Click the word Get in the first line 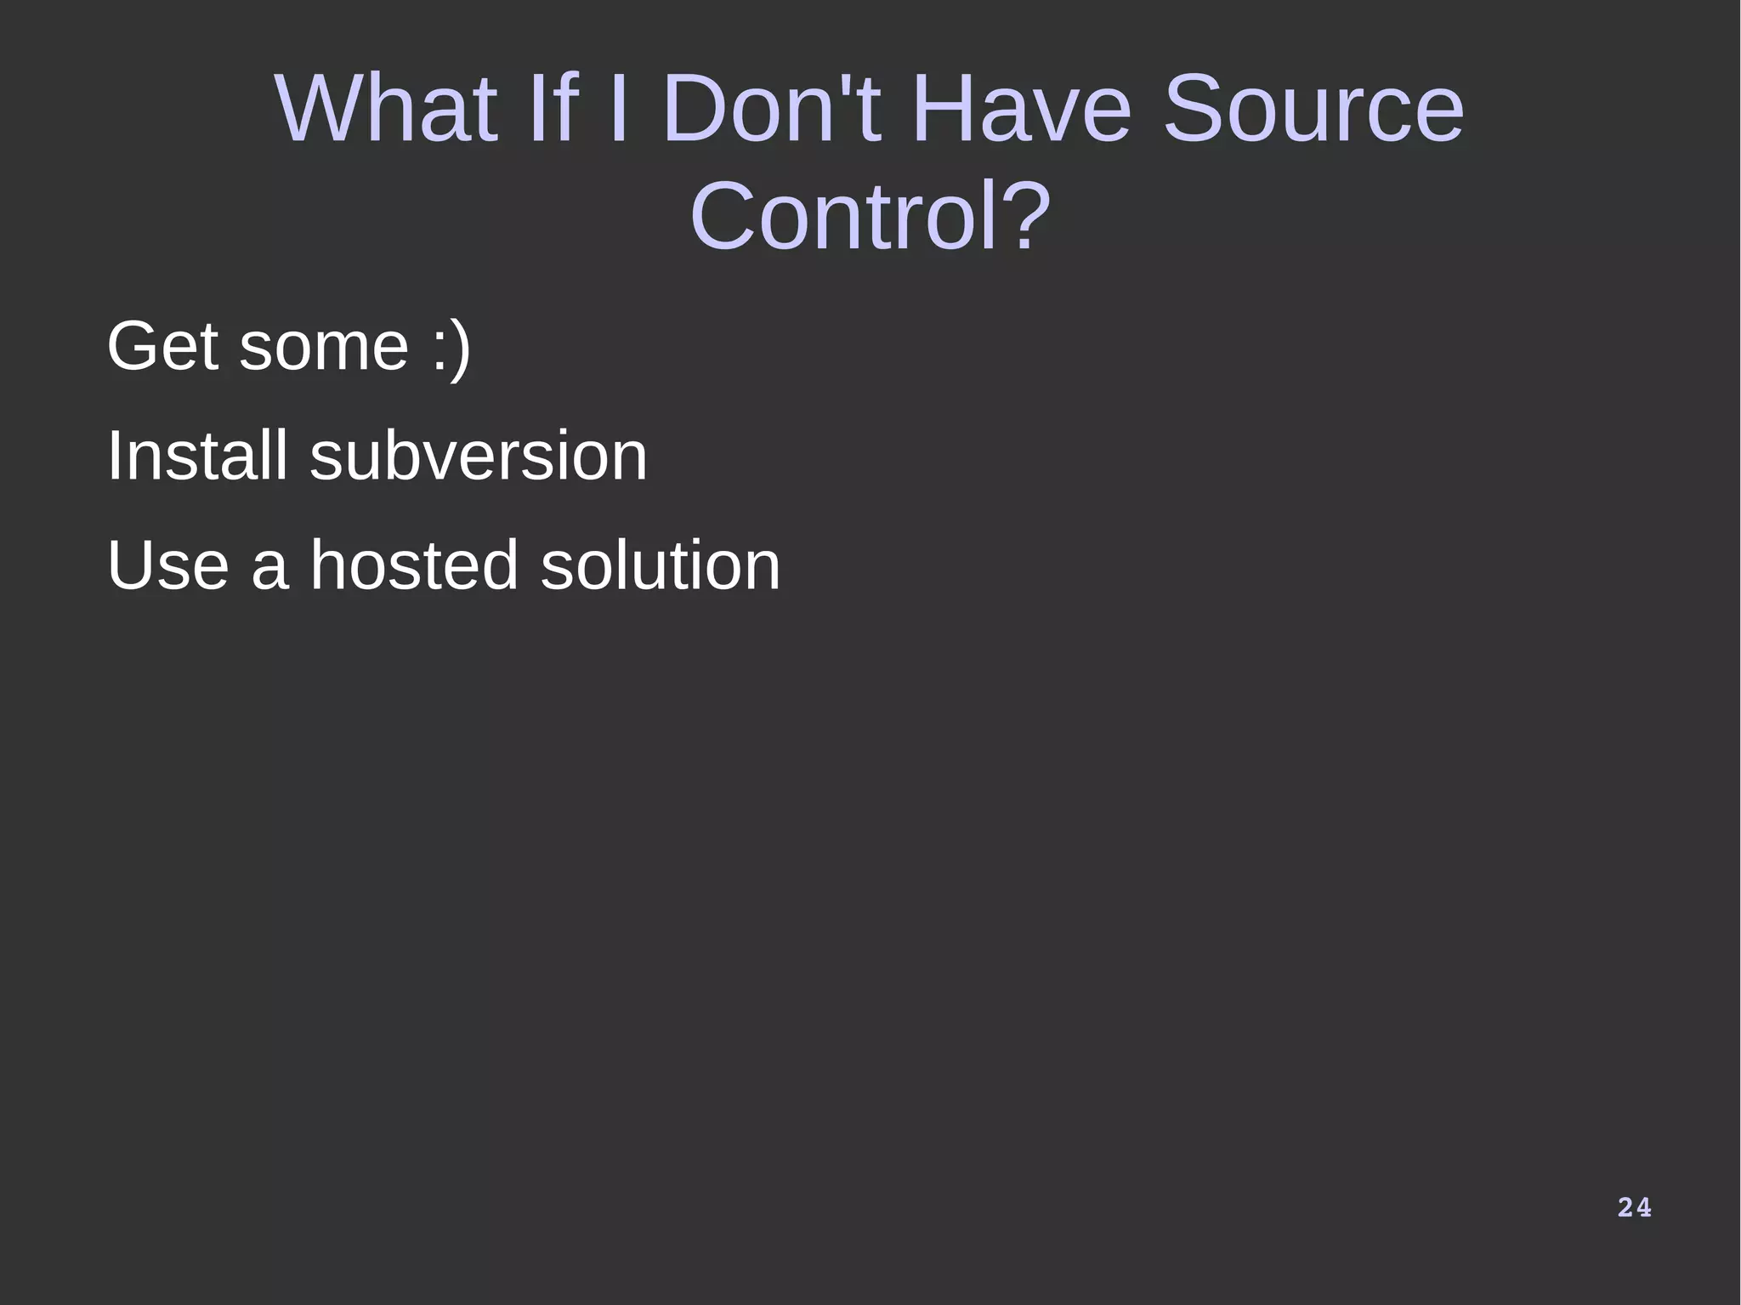click(x=162, y=346)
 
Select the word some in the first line click(x=324, y=348)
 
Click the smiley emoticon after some click(x=451, y=348)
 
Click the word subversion click(x=479, y=456)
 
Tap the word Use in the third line click(x=167, y=565)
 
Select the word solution click(x=661, y=565)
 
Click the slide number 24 click(x=1634, y=1207)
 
